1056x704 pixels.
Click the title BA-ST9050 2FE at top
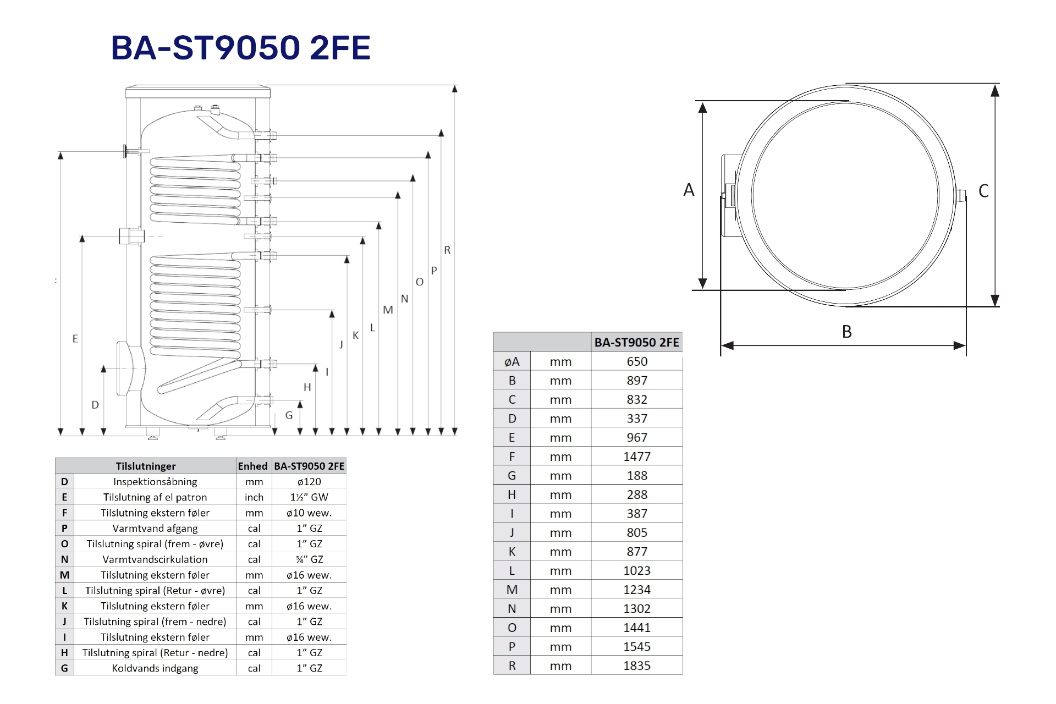click(241, 47)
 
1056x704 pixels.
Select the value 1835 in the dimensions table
click(637, 665)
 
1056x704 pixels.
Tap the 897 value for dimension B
click(637, 381)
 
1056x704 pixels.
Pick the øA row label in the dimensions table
click(512, 361)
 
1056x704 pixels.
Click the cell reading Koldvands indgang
click(155, 668)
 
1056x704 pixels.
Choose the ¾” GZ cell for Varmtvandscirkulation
click(309, 559)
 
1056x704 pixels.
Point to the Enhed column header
click(252, 466)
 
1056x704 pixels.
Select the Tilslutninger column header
click(146, 466)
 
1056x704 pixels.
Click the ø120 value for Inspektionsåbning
click(309, 482)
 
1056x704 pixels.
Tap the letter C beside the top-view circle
click(984, 191)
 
